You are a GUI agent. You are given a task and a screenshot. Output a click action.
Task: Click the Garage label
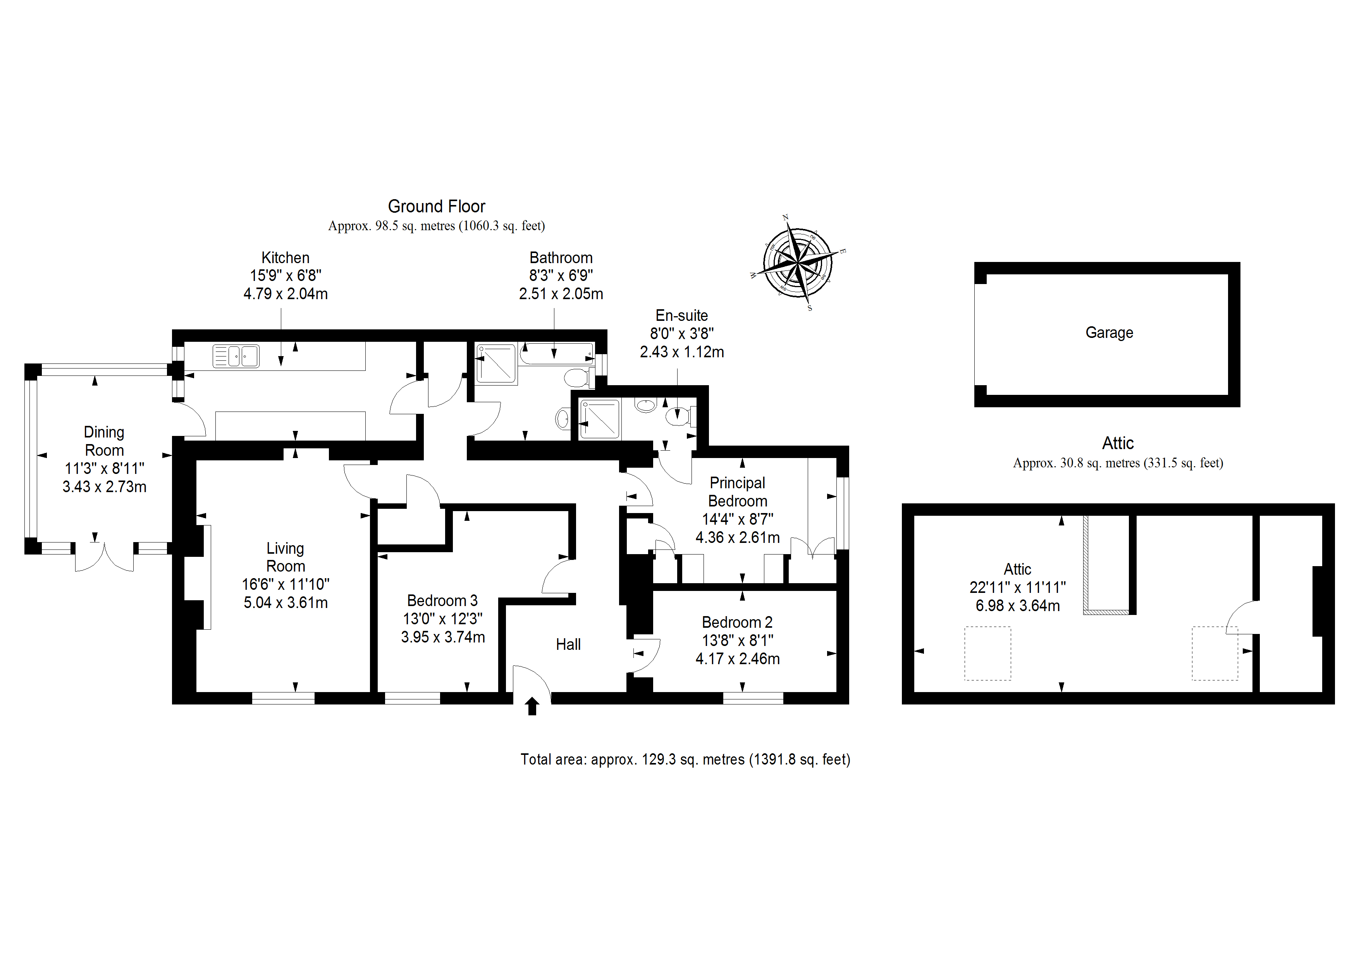tap(1109, 333)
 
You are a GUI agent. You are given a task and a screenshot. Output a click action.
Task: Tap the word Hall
tap(568, 644)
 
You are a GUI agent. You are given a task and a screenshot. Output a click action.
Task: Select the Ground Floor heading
tap(436, 206)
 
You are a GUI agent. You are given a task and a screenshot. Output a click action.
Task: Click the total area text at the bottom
tap(685, 759)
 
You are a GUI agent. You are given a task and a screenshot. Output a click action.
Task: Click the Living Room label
tap(285, 557)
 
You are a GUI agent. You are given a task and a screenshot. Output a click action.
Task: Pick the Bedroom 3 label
tap(442, 600)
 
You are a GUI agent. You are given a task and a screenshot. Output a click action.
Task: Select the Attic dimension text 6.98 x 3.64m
tap(1017, 606)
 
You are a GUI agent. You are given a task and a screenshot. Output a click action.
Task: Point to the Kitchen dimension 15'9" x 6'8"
tap(285, 276)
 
